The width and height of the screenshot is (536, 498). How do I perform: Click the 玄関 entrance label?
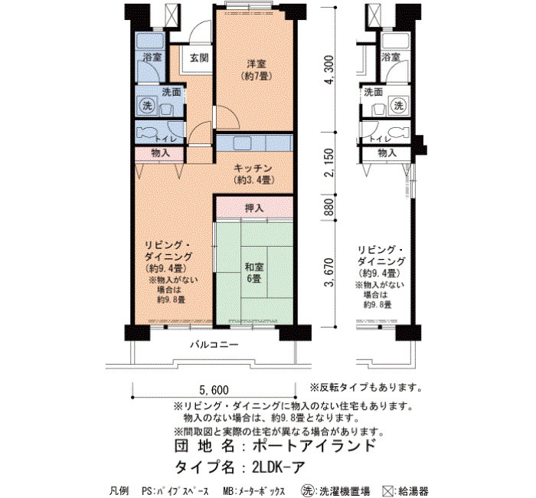click(199, 57)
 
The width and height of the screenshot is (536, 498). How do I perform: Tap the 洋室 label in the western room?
click(257, 64)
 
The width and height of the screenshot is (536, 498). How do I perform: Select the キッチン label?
click(253, 169)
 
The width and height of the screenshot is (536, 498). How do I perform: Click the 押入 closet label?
click(254, 208)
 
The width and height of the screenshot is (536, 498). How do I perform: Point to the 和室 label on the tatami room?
click(254, 267)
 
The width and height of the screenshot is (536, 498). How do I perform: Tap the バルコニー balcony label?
click(214, 345)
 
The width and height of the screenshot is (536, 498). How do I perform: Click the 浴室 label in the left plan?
click(152, 57)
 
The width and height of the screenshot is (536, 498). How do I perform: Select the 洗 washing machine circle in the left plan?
click(147, 106)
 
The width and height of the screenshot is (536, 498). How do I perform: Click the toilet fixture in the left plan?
click(146, 133)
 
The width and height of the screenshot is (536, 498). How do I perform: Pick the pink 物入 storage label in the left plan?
click(160, 153)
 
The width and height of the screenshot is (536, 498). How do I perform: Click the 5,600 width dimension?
click(214, 389)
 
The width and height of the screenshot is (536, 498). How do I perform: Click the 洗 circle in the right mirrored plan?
click(399, 106)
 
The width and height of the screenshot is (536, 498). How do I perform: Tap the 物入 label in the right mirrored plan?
click(387, 153)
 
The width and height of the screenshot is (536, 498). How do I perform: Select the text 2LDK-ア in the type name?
click(279, 467)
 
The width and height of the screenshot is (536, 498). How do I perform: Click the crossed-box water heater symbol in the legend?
click(388, 491)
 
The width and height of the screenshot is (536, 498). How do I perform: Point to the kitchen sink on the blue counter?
click(242, 143)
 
